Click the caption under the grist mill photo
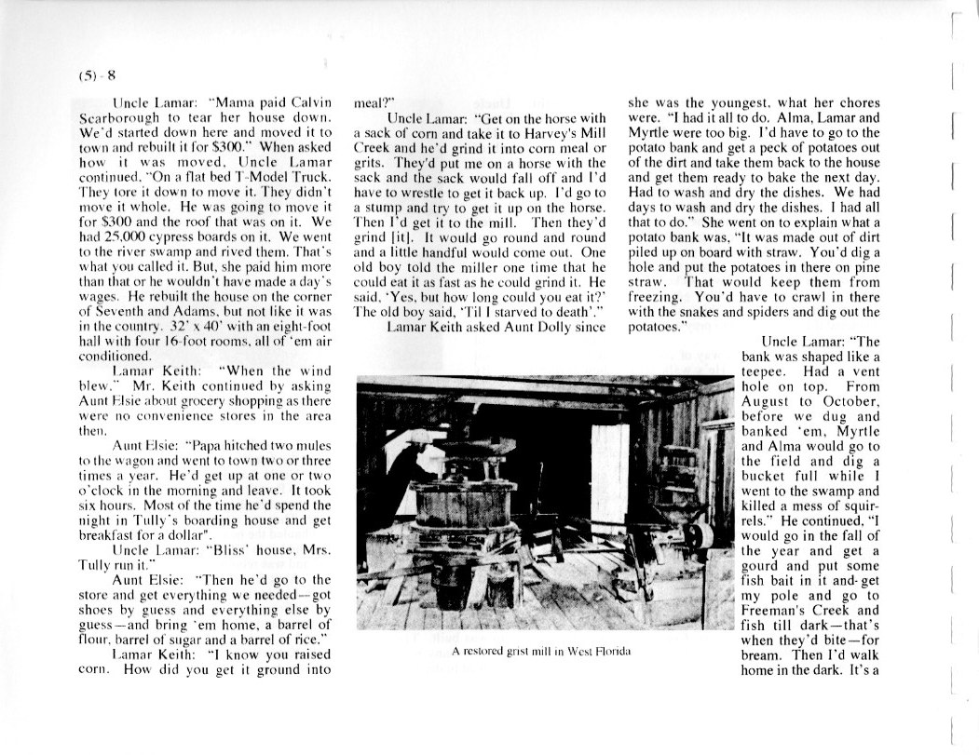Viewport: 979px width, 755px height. click(x=542, y=651)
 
